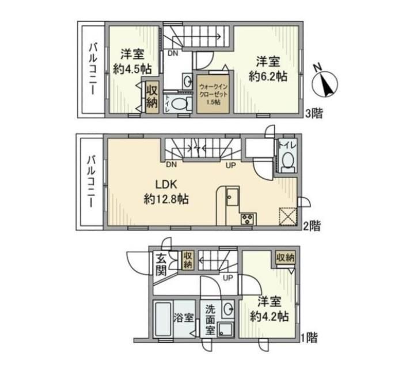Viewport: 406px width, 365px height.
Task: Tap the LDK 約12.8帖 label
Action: tap(166, 192)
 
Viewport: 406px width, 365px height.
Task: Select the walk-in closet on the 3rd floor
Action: tap(213, 94)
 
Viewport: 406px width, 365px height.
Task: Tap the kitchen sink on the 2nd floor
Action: tap(233, 197)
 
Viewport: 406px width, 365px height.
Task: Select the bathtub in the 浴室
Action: tap(162, 318)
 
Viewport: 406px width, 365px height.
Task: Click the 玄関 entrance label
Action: tap(161, 265)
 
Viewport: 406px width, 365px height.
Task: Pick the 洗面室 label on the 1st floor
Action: tap(210, 320)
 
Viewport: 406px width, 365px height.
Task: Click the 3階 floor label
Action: tap(314, 113)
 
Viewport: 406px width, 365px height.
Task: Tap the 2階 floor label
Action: tap(312, 226)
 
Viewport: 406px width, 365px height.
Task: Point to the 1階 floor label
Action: tap(309, 337)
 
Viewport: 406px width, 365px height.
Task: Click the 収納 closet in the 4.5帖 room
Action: tap(152, 97)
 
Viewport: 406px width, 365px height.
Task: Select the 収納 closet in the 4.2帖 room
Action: tap(285, 258)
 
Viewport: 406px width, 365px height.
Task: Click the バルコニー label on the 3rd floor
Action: tap(93, 69)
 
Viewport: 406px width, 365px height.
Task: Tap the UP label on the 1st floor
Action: tap(228, 278)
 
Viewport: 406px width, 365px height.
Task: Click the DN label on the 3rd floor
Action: tap(173, 53)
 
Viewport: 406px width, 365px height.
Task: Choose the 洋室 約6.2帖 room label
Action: tap(268, 69)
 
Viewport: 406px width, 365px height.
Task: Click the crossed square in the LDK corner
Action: tap(288, 217)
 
